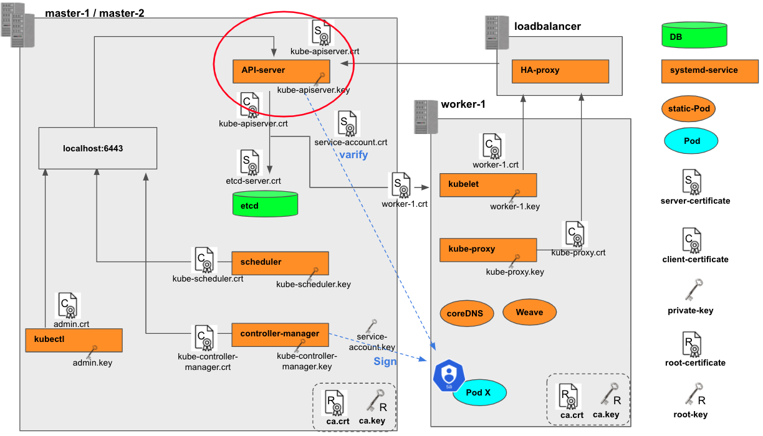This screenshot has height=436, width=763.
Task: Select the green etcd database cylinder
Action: coord(265,204)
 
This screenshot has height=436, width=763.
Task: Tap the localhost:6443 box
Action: coord(97,148)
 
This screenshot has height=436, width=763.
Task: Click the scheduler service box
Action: coord(280,263)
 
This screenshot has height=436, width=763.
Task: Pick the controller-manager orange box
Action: coord(280,334)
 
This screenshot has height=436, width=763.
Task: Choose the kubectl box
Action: coord(74,339)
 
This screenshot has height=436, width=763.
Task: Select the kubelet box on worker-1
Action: coord(488,185)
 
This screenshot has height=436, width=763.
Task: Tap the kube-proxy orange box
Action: coord(488,249)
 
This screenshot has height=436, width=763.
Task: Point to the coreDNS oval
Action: coord(466,313)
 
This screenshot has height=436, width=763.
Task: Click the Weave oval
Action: coord(529,312)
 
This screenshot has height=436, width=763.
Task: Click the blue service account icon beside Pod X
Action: coord(447,375)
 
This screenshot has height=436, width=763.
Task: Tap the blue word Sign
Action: coord(385,362)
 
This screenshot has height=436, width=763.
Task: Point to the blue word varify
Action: coord(353,154)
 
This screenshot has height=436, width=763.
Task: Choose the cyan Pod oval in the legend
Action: coord(692,141)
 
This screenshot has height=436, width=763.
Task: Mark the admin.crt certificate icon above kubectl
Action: coord(68,305)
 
